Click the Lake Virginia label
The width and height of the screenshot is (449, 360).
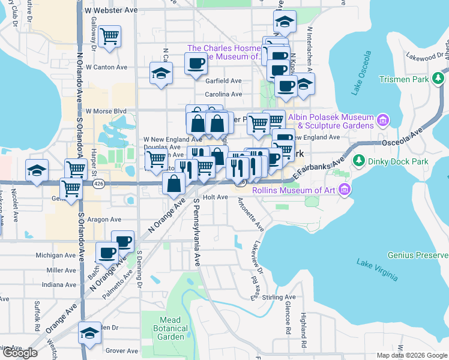[376, 270]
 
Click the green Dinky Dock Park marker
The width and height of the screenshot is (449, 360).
[360, 161]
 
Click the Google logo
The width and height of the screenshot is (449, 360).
[20, 353]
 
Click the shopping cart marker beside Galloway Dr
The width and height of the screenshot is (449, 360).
[109, 37]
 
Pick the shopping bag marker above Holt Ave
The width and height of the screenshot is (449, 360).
[173, 183]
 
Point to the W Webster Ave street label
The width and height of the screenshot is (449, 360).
[111, 11]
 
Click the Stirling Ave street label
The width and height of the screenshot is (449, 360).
[282, 297]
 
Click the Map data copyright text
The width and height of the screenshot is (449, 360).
[412, 355]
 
